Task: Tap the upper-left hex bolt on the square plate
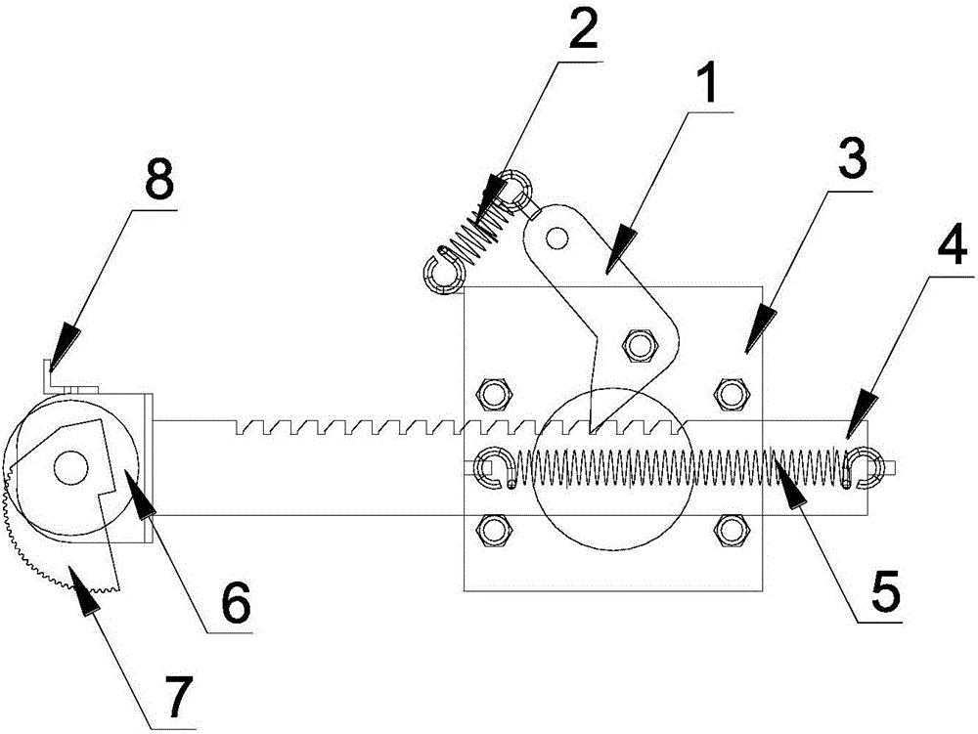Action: click(x=493, y=393)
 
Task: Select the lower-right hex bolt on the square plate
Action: click(x=730, y=531)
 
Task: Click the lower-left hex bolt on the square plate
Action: click(x=493, y=531)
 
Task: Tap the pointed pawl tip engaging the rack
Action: click(x=591, y=429)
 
